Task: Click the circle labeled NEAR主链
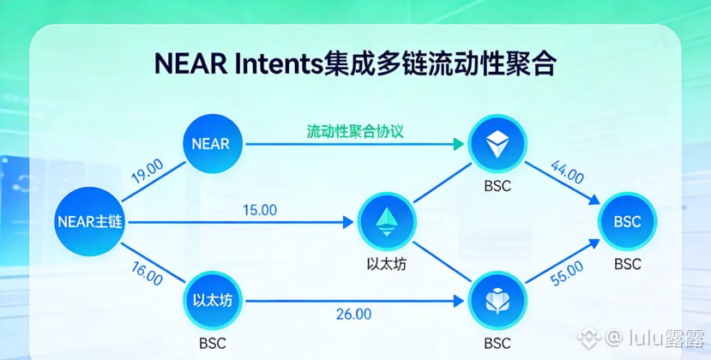pos(90,222)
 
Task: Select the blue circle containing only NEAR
pos(212,144)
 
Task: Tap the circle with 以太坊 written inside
pos(212,301)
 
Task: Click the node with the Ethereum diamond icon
pos(387,222)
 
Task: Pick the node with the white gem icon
pos(497,144)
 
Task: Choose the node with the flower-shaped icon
pos(497,301)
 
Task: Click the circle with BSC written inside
pos(628,222)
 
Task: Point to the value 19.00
pos(148,171)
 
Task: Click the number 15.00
pos(260,210)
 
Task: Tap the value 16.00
pos(147,273)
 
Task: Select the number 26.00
pos(353,314)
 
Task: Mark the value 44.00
pos(567,171)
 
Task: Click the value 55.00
pos(567,273)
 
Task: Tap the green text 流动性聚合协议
pos(355,131)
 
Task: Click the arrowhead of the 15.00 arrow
pos(348,222)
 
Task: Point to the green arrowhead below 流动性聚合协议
pos(459,144)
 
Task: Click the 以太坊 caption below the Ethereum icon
pos(386,264)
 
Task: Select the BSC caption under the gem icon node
pos(497,186)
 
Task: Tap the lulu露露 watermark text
pos(666,339)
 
